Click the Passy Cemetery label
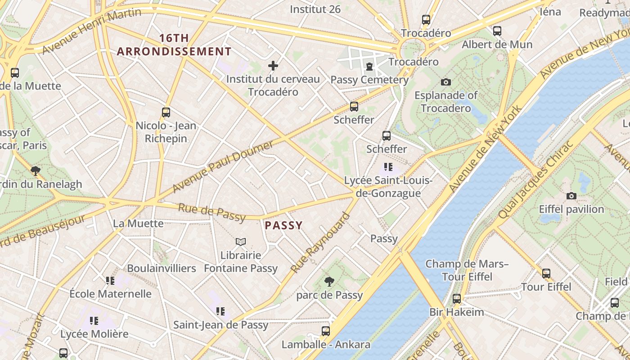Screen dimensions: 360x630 [x=369, y=80]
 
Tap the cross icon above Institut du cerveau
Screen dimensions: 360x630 [x=273, y=66]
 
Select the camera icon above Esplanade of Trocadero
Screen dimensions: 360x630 [x=446, y=82]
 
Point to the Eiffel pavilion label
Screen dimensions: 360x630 [x=571, y=209]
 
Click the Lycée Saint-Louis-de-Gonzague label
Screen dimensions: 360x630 [x=388, y=187]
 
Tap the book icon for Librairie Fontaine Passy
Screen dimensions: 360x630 [x=241, y=242]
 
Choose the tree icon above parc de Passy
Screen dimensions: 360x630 [x=329, y=282]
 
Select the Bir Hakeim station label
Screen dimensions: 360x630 [x=456, y=312]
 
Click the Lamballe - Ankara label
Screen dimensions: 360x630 [x=326, y=345]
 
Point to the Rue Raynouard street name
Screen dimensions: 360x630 [x=320, y=243]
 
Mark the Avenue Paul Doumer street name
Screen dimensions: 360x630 [x=223, y=166]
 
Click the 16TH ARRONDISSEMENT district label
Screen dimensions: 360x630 [x=174, y=45]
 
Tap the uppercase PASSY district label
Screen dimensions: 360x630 [x=283, y=225]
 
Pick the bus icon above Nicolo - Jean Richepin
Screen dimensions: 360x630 [x=166, y=112]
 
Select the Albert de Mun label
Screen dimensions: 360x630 [x=497, y=45]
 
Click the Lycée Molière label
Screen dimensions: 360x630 [x=94, y=334]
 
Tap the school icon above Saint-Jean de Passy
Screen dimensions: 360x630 [x=220, y=311]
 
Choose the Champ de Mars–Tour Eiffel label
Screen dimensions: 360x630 [x=467, y=270]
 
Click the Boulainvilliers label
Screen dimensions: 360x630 [x=162, y=268]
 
